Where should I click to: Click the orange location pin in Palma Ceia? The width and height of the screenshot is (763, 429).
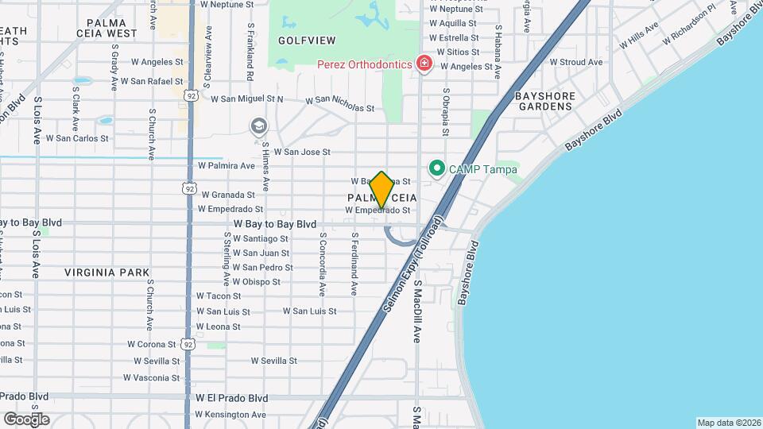click(381, 190)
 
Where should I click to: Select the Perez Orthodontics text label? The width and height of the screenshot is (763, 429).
click(364, 64)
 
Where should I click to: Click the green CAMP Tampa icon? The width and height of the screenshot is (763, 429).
click(436, 168)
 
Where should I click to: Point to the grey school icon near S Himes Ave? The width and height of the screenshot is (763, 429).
click(258, 126)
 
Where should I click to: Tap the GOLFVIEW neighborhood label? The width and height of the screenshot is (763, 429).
click(307, 40)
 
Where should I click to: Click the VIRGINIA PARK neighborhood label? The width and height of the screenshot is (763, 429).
click(107, 272)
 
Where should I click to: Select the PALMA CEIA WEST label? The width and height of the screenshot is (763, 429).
click(118, 29)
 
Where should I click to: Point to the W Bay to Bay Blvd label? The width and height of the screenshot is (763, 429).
click(275, 224)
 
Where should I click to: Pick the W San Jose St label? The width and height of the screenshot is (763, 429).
click(301, 152)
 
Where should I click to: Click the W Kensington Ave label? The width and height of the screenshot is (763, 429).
click(231, 414)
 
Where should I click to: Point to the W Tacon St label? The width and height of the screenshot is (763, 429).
click(219, 296)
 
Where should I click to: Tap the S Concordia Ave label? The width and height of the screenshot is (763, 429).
click(323, 264)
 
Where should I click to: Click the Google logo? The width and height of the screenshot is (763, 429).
click(26, 419)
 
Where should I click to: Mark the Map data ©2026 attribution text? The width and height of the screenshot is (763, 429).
click(728, 423)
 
